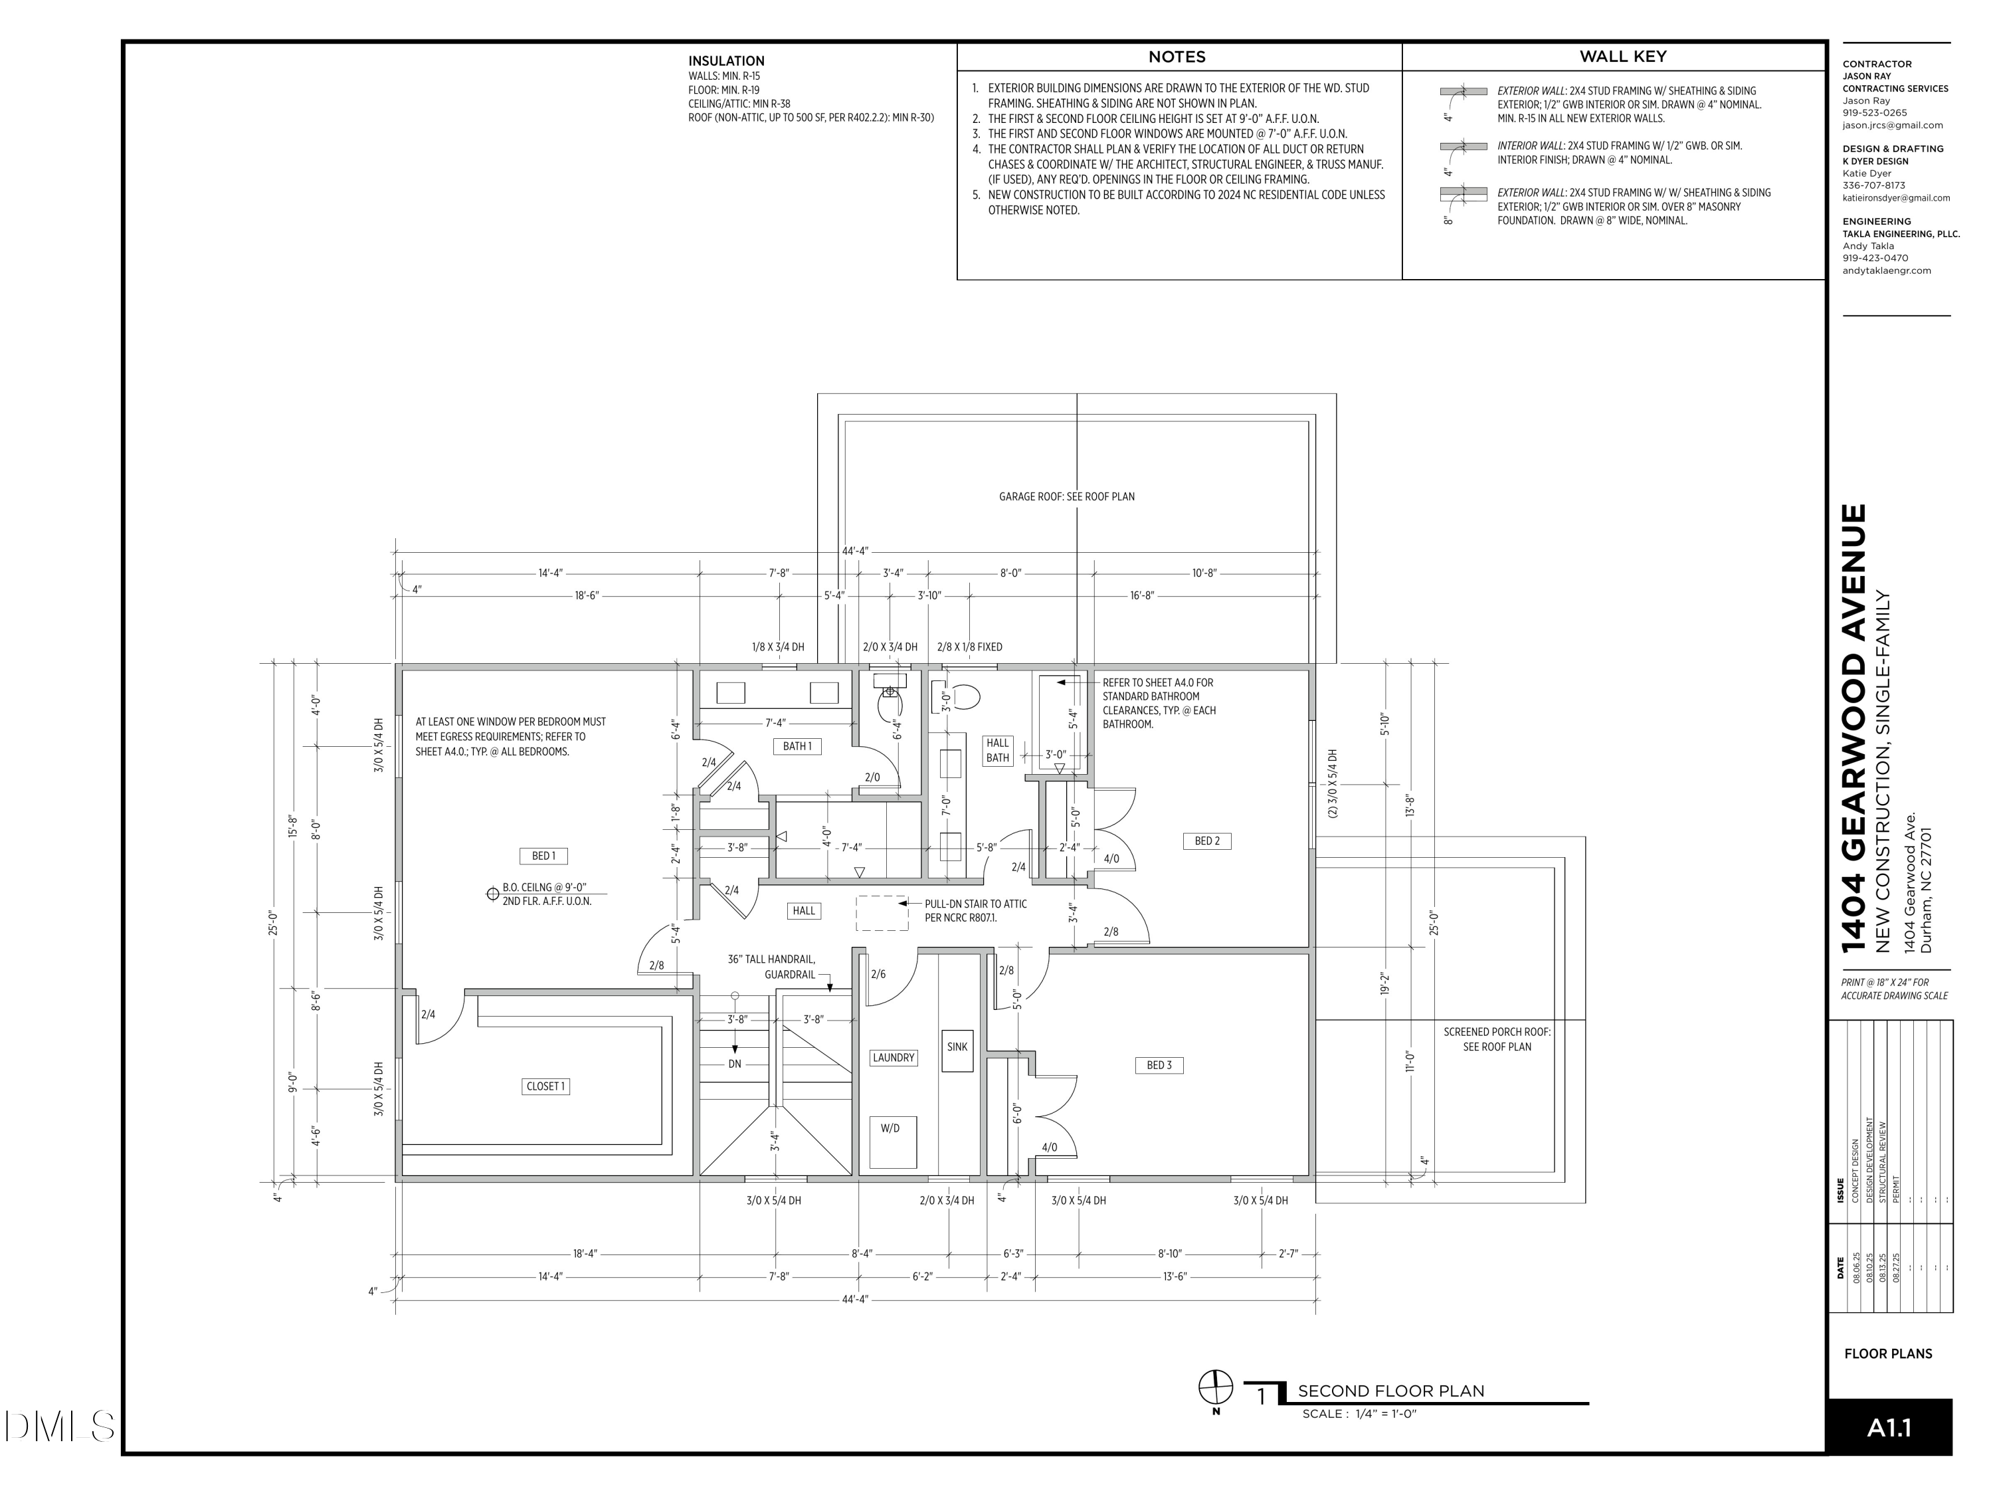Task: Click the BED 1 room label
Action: [543, 855]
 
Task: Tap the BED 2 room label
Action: [1206, 841]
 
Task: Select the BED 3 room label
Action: [1159, 1065]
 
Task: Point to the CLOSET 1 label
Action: [545, 1086]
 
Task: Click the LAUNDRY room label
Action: [893, 1058]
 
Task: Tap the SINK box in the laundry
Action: [957, 1050]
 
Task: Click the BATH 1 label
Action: [797, 746]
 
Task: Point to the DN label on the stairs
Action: [734, 1064]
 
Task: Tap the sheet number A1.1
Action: [1889, 1429]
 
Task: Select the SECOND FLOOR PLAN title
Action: [1391, 1391]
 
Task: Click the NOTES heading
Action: [1177, 56]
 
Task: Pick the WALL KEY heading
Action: [1623, 56]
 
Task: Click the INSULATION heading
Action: [726, 61]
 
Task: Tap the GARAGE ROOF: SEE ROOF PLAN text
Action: [1067, 496]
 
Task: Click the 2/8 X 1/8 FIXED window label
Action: [969, 647]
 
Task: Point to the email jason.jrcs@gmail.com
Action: [1892, 126]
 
